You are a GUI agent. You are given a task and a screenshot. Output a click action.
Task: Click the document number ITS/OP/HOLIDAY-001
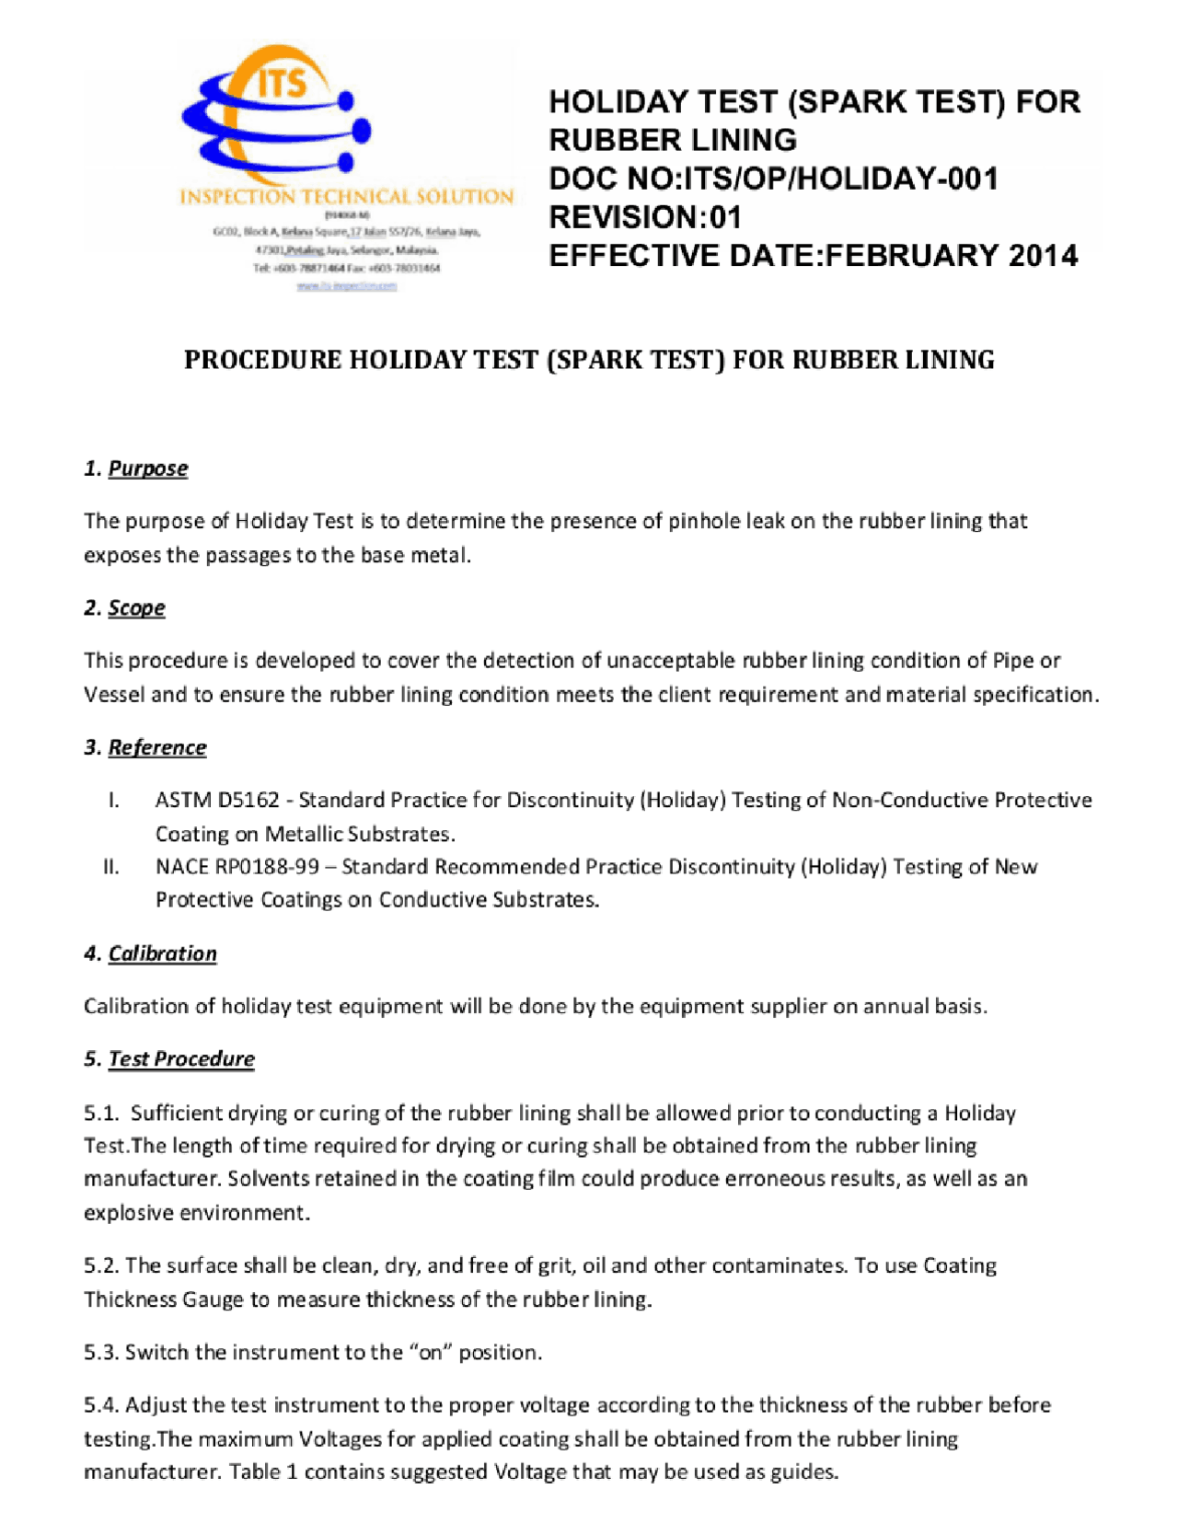coord(841,179)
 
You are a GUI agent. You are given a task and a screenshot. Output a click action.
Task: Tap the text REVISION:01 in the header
coord(645,217)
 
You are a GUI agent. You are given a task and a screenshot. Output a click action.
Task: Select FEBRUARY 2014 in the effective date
coord(952,256)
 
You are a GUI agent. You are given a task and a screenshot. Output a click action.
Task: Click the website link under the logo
coord(346,286)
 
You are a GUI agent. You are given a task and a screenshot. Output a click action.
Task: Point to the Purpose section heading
coord(147,468)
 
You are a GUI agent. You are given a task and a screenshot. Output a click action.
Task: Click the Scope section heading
coord(136,608)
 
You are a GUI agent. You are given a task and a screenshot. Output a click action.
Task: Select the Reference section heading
coord(156,747)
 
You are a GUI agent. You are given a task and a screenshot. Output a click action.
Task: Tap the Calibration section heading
coord(162,953)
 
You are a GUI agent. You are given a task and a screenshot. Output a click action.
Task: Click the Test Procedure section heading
coord(180,1059)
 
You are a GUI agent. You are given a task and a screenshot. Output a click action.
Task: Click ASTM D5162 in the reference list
coord(217,800)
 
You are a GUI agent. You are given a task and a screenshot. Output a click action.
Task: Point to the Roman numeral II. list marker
coord(111,867)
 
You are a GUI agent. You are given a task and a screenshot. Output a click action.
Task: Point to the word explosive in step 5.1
coord(129,1213)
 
